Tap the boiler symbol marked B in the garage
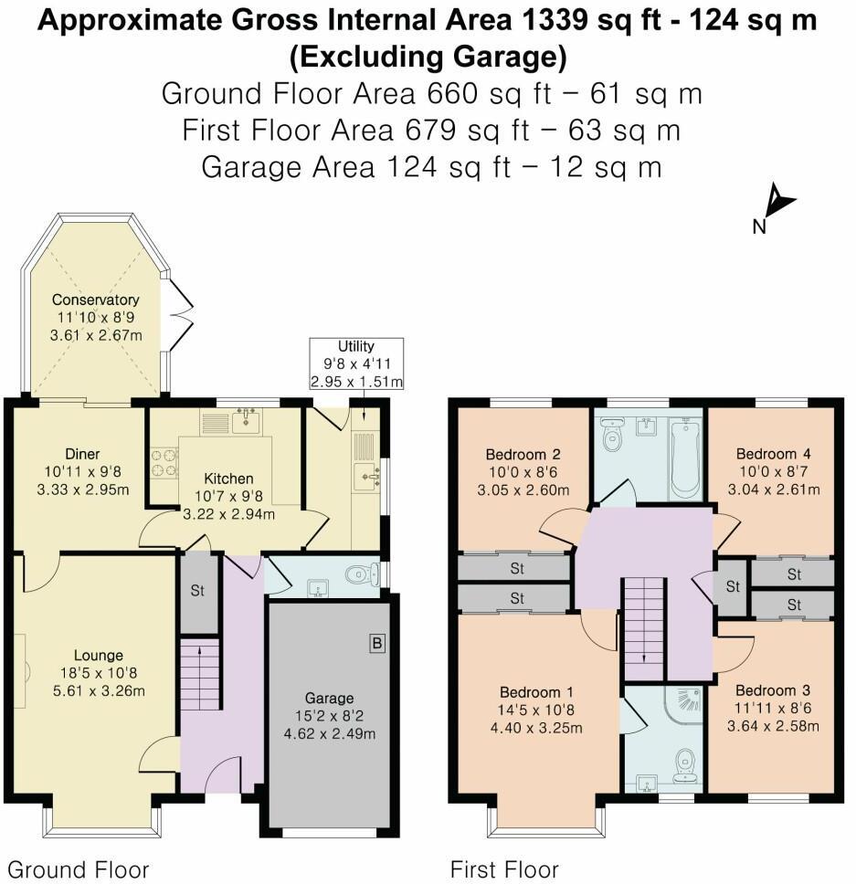coord(375,644)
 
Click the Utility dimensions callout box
coord(356,363)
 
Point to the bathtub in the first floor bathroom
coord(684,457)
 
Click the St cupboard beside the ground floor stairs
coord(198,591)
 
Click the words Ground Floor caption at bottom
coord(78,868)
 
